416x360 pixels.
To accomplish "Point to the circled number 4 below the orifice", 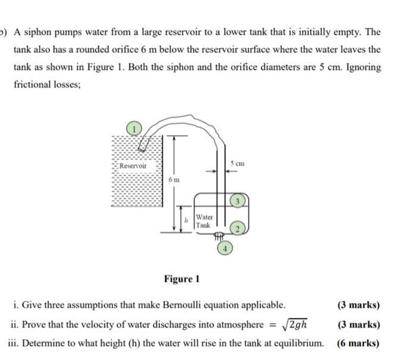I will (225, 248).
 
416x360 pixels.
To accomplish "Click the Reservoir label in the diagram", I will (133, 166).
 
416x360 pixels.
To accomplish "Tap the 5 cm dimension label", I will (239, 163).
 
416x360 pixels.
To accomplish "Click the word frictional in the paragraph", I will (35, 85).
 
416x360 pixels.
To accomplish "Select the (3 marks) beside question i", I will (358, 306).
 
